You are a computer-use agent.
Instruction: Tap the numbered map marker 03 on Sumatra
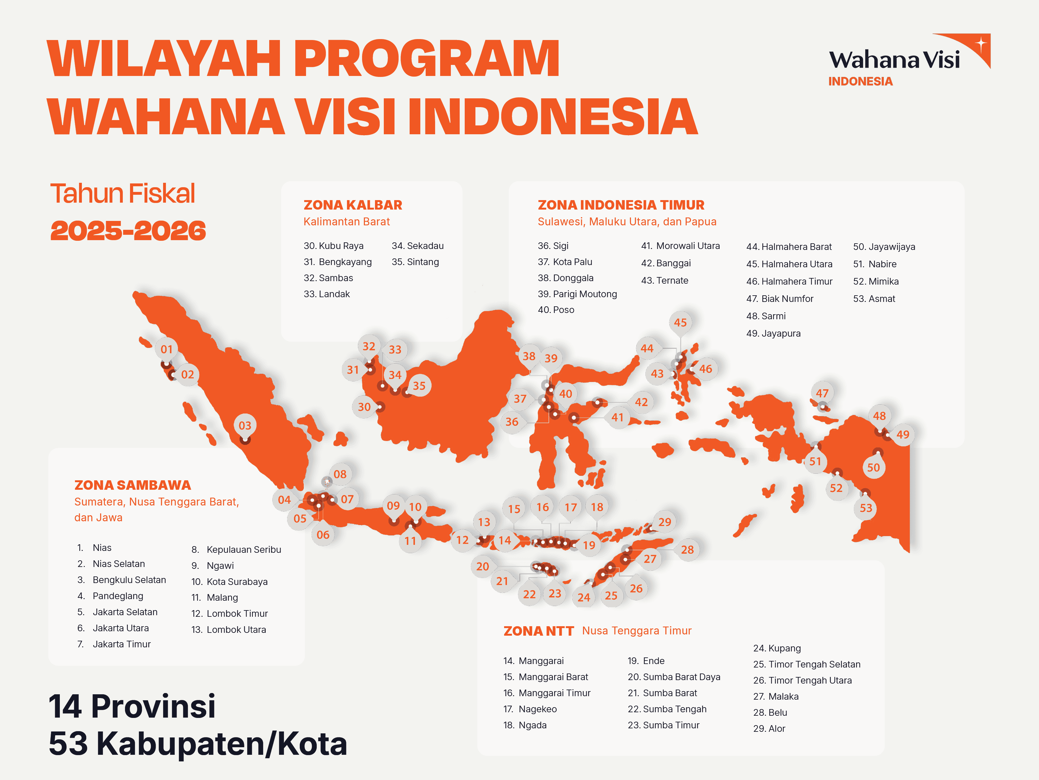245,425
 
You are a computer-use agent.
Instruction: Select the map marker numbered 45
680,322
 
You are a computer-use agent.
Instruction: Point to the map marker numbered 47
822,393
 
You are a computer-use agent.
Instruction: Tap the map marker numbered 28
687,550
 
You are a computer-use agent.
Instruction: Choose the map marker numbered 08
340,474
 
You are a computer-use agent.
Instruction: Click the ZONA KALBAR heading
353,205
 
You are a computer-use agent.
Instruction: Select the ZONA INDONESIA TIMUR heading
621,205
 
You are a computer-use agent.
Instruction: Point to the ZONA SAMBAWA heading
133,485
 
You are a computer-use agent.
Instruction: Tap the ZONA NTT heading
539,631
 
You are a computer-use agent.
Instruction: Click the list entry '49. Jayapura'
774,333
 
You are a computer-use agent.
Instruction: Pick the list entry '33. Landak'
327,294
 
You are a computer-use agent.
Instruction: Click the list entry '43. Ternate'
665,280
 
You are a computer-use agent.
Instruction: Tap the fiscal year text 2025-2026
128,231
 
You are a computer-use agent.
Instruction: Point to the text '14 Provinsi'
132,706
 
